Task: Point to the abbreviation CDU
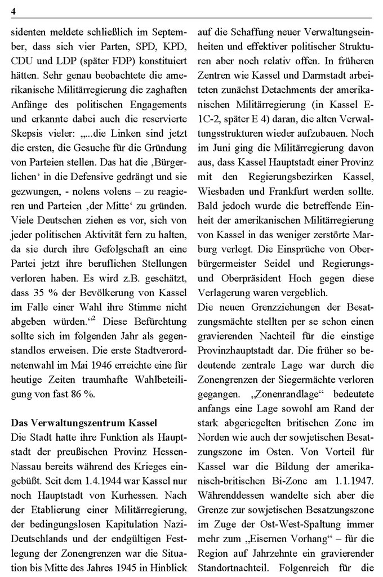pos(22,61)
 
